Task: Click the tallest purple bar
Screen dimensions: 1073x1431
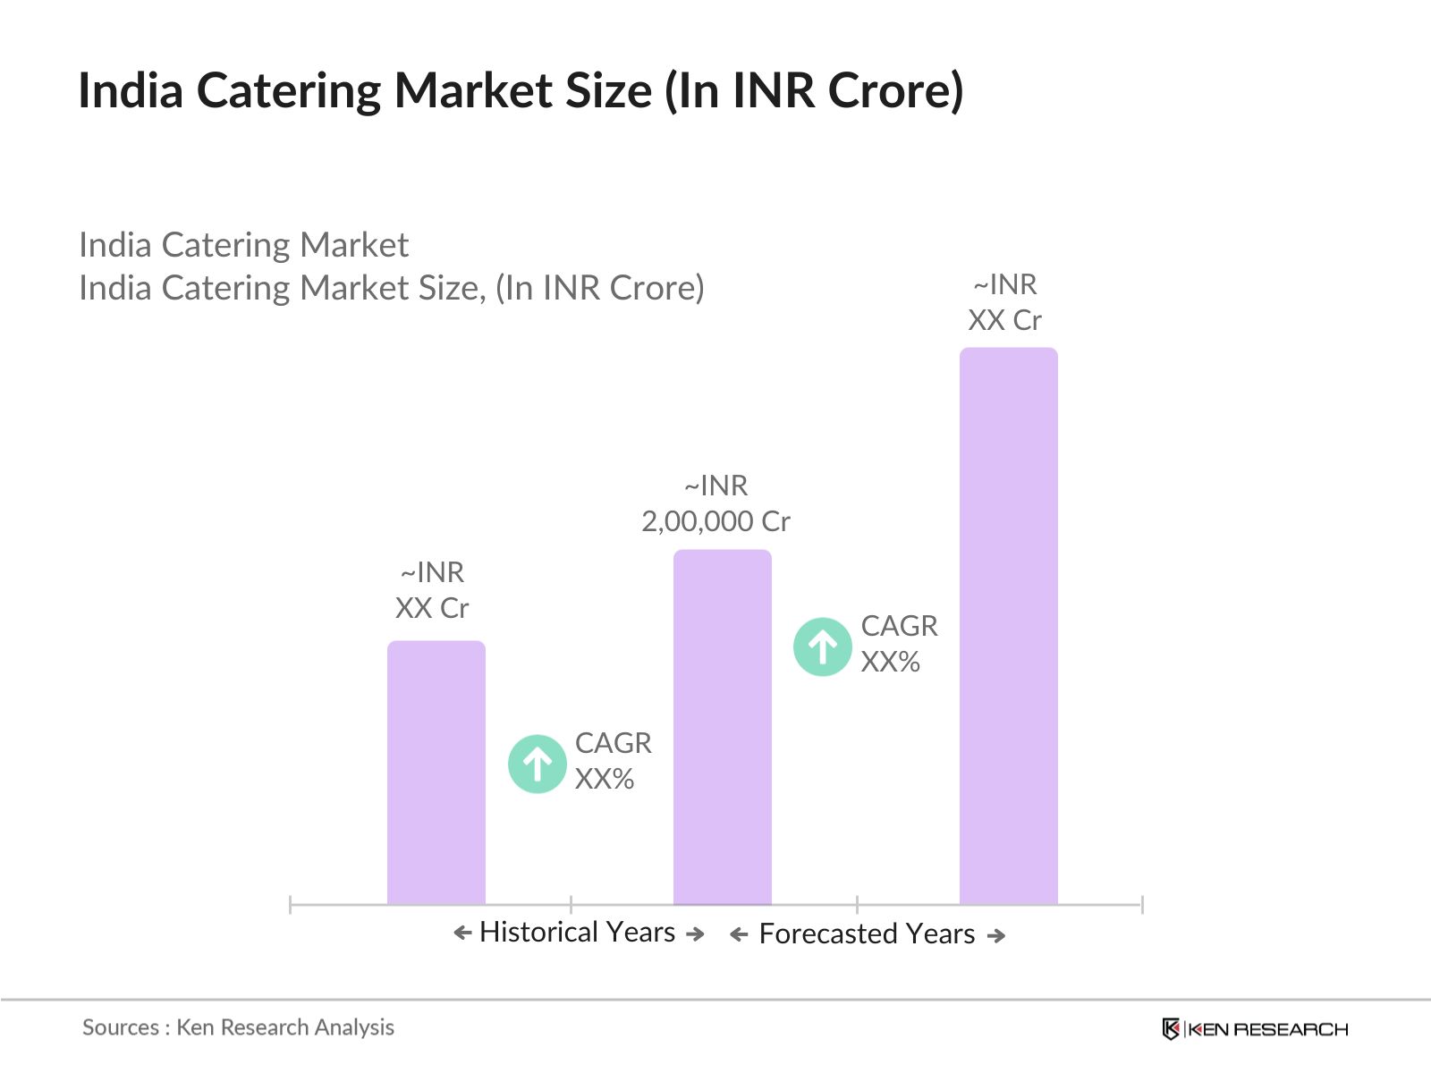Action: [1008, 626]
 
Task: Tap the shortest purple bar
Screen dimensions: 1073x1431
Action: [436, 773]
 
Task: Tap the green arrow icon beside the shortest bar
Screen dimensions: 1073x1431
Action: [537, 764]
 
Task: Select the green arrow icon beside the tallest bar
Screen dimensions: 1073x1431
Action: [822, 646]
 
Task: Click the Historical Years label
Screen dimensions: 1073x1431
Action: [577, 933]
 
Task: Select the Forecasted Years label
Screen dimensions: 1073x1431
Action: [867, 934]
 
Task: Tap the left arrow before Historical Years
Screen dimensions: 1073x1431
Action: [461, 934]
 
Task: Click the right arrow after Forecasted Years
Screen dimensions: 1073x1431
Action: [996, 936]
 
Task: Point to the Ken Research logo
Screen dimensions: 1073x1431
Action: [1254, 1029]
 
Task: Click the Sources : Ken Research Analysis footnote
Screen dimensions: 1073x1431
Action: [238, 1027]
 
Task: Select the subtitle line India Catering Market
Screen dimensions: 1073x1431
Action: [243, 245]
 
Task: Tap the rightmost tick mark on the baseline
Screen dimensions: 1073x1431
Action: [1142, 904]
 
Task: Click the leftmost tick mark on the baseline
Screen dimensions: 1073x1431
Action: [291, 904]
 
